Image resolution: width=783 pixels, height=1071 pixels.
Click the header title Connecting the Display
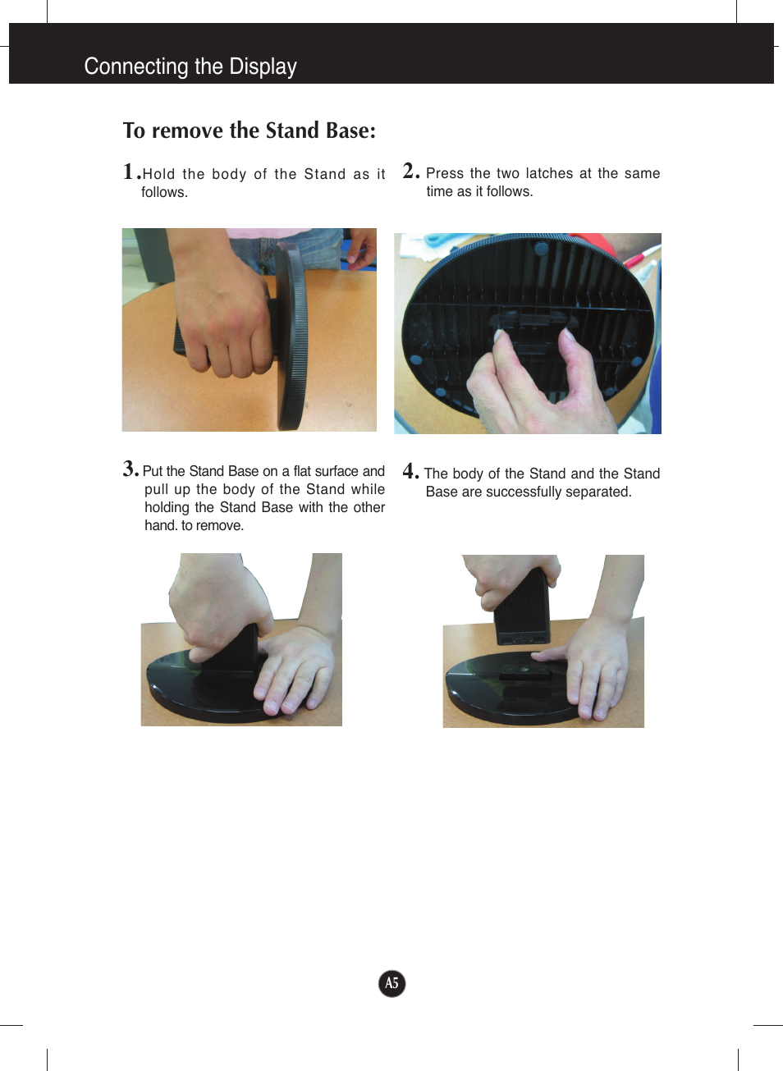coord(190,66)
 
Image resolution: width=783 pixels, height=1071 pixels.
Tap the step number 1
coord(129,172)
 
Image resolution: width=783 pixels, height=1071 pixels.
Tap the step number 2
coord(409,171)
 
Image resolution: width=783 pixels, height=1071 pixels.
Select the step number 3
coord(130,469)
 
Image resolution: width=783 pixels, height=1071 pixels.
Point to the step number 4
coord(409,471)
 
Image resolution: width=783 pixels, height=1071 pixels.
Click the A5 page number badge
coord(391,983)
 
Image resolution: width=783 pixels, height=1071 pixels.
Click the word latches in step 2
coord(549,173)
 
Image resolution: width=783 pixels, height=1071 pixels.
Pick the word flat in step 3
coord(302,471)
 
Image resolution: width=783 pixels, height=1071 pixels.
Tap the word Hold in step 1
coord(158,174)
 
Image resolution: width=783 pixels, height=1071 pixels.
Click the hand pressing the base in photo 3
coord(300,669)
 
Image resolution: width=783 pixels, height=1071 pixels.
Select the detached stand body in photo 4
coord(521,607)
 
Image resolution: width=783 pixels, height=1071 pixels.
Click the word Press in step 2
coord(445,173)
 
